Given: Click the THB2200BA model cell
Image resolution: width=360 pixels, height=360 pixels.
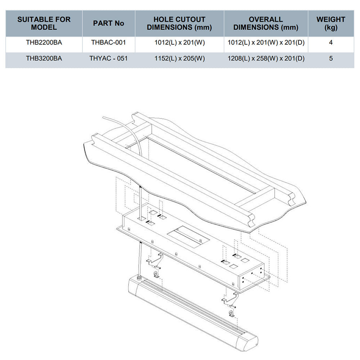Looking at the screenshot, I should tap(44, 42).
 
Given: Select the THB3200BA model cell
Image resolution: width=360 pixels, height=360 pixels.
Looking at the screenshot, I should tap(44, 58).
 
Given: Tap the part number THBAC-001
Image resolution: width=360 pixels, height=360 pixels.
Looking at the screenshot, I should tap(108, 42).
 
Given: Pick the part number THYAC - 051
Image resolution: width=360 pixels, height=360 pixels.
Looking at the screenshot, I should tap(108, 58).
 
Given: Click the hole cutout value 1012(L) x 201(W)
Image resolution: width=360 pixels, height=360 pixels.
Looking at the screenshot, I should tap(179, 42).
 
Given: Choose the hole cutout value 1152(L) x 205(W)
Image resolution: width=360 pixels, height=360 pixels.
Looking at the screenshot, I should tap(179, 58).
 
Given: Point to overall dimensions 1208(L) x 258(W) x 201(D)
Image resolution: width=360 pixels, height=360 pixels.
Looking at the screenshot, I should tap(266, 58).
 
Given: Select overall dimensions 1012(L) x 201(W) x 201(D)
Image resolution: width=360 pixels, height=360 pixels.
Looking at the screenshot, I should tap(266, 42).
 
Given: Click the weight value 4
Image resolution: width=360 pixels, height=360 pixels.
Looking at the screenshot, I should tap(331, 42).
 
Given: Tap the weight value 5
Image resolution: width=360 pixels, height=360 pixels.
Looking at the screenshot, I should tap(331, 58).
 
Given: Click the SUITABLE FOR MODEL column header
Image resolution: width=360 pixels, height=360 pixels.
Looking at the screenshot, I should tap(44, 23).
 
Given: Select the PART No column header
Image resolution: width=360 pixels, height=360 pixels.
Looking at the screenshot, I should tap(108, 23).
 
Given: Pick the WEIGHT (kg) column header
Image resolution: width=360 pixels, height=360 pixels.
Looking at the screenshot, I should tap(331, 23).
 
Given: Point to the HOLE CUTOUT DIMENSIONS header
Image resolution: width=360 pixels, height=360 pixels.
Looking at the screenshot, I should tap(179, 23).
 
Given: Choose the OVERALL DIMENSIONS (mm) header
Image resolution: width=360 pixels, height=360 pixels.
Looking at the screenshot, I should tap(266, 23).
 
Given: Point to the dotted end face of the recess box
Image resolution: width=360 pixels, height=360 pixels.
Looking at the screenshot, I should tap(252, 277).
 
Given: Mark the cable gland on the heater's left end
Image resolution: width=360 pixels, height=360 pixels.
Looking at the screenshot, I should tap(139, 278).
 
